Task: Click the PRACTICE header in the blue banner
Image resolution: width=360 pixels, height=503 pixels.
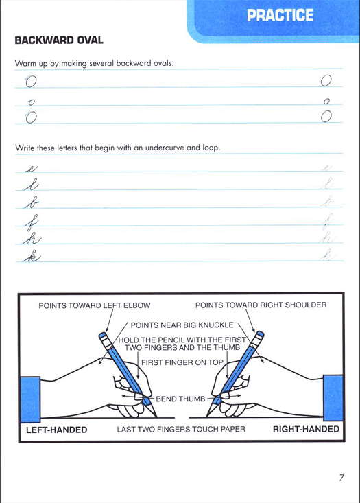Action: click(280, 15)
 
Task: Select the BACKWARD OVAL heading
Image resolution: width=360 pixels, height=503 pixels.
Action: click(59, 40)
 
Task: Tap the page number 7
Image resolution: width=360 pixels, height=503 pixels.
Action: click(341, 478)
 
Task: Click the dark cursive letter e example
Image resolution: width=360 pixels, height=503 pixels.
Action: click(32, 169)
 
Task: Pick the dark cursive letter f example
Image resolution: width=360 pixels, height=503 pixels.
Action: click(32, 222)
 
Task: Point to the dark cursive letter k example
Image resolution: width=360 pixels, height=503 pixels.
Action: click(32, 257)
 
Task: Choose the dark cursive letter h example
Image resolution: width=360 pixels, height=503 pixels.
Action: click(32, 239)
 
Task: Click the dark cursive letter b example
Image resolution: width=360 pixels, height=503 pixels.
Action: click(32, 202)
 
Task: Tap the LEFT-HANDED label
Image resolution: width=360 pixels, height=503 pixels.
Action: click(57, 430)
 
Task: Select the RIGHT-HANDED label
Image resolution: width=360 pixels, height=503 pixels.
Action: click(306, 429)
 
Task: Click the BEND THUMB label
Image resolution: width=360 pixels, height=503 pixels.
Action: click(180, 399)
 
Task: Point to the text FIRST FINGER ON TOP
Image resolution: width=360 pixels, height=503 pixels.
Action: click(182, 362)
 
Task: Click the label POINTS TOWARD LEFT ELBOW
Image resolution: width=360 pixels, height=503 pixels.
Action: click(95, 305)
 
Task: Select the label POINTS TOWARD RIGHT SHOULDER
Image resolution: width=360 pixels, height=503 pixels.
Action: click(261, 305)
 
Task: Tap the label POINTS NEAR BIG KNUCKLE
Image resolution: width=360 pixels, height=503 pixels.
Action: click(182, 325)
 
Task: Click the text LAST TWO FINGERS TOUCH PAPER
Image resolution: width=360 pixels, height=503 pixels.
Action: click(181, 429)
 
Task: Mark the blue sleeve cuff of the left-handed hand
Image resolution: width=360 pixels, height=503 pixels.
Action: click(30, 399)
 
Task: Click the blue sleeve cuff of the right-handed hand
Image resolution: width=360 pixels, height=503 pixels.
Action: click(333, 398)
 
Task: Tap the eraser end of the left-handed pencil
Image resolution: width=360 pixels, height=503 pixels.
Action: click(103, 336)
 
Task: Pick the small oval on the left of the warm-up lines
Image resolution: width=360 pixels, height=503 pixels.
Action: click(31, 102)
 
